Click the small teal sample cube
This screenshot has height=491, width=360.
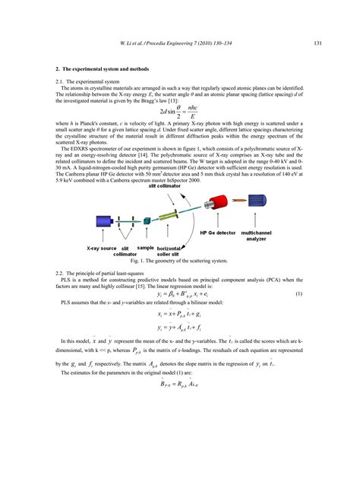tap(147, 220)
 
